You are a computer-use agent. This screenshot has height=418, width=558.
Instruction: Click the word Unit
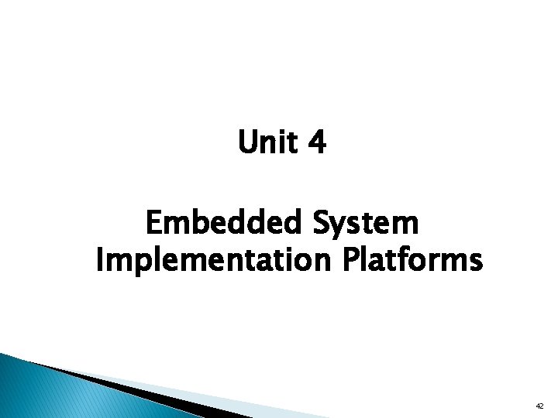(267, 142)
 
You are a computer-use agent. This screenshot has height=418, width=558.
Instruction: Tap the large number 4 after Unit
(318, 142)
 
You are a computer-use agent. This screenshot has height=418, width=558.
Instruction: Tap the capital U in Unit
(247, 142)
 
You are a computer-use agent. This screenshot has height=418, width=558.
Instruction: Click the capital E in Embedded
(153, 224)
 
